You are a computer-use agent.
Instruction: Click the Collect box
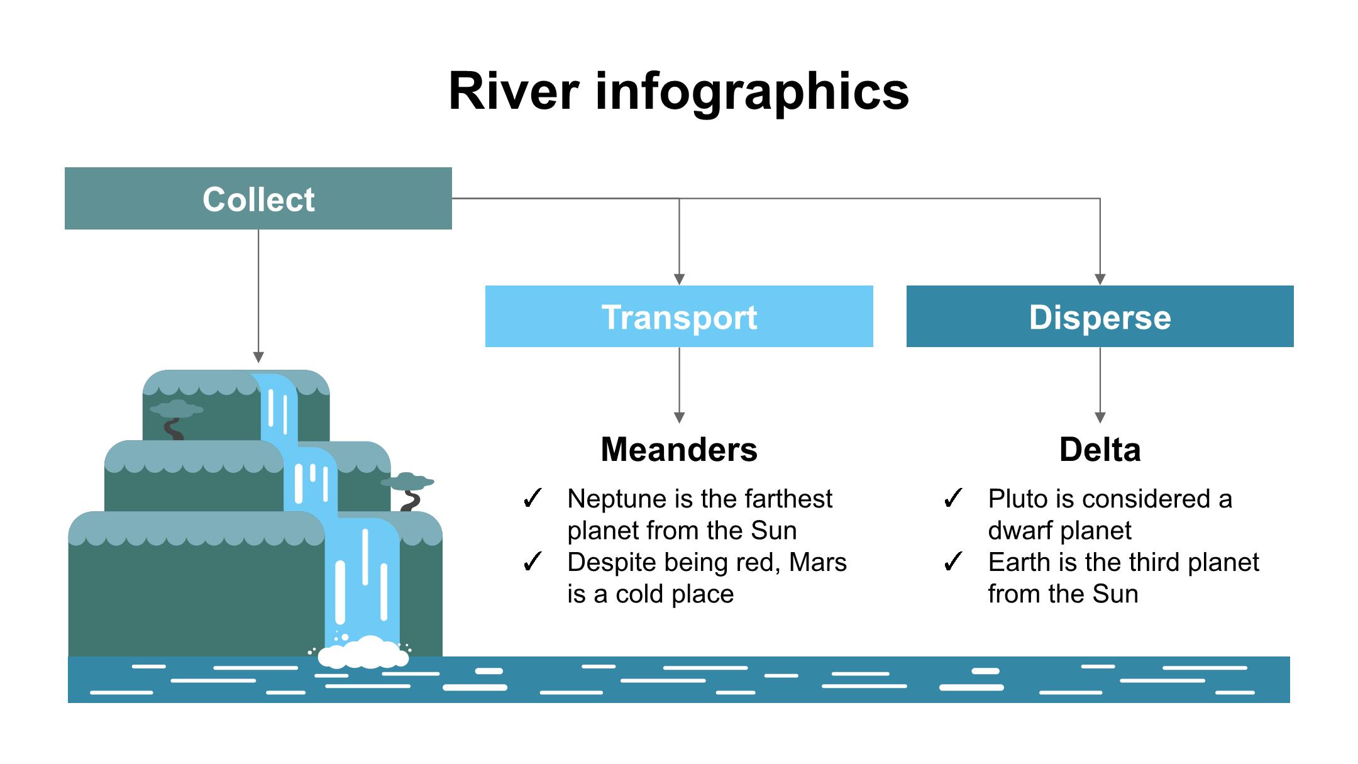tap(258, 199)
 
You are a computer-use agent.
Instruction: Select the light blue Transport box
tap(679, 316)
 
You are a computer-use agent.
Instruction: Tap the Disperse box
tap(1100, 316)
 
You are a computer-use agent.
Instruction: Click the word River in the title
tap(513, 92)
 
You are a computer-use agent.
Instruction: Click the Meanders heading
tap(679, 450)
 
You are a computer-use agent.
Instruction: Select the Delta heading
tap(1100, 450)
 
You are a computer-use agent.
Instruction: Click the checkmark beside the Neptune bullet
tap(533, 499)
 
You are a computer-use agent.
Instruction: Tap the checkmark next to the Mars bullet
tap(533, 562)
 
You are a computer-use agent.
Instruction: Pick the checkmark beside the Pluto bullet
tap(953, 499)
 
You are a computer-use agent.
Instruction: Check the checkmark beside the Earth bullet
tap(953, 562)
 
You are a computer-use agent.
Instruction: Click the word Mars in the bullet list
tap(817, 562)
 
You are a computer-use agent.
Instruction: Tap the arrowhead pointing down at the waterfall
tap(258, 357)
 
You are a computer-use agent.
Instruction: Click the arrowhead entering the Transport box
tap(679, 279)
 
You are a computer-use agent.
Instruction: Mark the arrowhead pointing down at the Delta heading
tap(1100, 418)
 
